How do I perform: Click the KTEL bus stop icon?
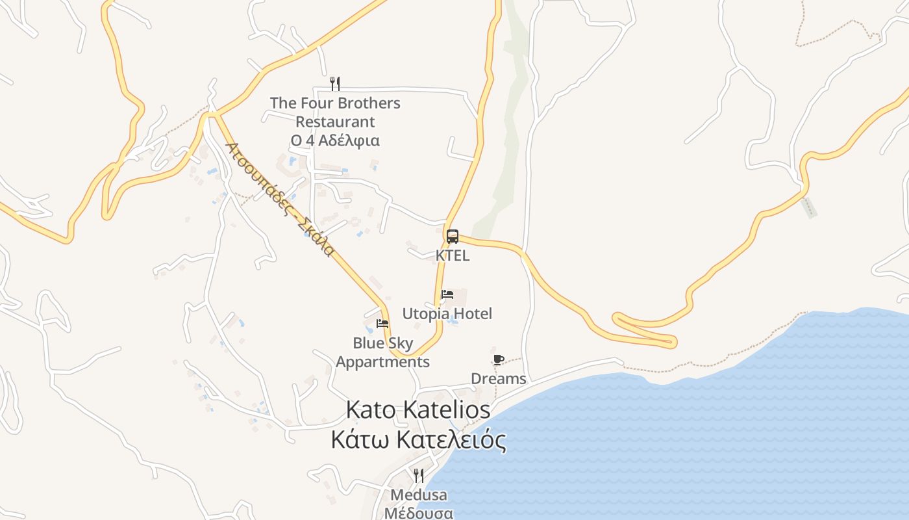click(453, 237)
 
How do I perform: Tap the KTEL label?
click(453, 255)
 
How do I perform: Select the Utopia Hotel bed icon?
click(447, 294)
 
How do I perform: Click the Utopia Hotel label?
click(447, 314)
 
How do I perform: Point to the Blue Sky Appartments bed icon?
click(382, 323)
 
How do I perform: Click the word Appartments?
click(382, 362)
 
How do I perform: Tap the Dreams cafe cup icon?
click(499, 359)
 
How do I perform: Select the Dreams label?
click(499, 378)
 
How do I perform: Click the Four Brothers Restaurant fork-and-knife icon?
click(335, 83)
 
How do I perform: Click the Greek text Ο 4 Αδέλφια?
click(335, 140)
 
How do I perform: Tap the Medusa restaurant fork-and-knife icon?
click(419, 476)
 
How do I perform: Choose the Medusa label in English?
click(419, 495)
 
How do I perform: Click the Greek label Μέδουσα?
click(419, 513)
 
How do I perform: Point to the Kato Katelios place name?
click(418, 410)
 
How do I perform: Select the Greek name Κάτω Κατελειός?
click(418, 440)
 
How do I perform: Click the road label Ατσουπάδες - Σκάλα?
click(280, 199)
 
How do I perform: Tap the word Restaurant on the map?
click(335, 122)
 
